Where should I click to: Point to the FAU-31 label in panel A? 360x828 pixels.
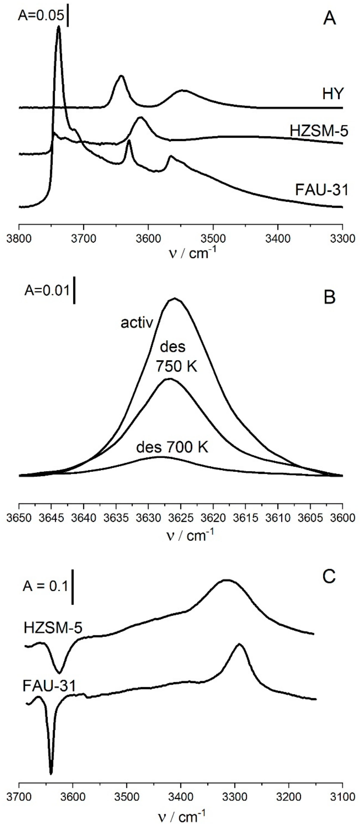[322, 190]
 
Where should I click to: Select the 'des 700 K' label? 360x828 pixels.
[172, 447]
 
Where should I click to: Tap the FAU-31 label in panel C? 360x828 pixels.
[49, 684]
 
